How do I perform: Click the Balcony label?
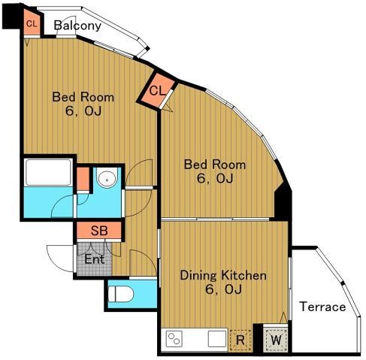tap(77, 26)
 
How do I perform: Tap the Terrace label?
tap(322, 307)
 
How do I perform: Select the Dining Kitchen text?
tap(223, 276)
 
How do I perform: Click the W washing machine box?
tap(276, 340)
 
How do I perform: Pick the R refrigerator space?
tap(240, 340)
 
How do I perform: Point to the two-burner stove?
tap(174, 339)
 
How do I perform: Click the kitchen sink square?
tap(217, 339)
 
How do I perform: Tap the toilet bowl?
tap(121, 295)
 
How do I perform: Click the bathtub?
tap(49, 172)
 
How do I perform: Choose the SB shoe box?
tap(99, 230)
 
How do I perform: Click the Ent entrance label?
tap(94, 259)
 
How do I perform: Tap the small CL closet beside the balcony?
tap(32, 24)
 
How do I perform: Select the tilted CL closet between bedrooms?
tap(157, 91)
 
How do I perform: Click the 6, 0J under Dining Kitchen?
tap(223, 289)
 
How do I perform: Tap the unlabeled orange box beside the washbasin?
tap(83, 179)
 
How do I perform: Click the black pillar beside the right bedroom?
tap(283, 202)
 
